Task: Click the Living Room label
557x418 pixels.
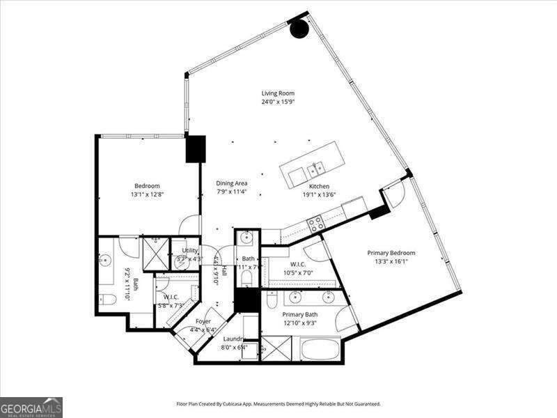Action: point(278,93)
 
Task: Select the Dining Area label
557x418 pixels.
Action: point(232,183)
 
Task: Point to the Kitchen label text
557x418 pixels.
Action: point(319,186)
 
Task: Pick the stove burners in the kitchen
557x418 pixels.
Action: point(315,224)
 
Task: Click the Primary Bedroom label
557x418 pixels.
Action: point(391,253)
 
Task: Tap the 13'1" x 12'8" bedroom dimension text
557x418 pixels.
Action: point(147,195)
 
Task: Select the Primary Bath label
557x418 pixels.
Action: point(300,314)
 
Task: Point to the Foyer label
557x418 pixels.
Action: point(203,321)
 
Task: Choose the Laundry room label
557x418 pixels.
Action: point(233,339)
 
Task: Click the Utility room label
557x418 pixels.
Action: point(189,251)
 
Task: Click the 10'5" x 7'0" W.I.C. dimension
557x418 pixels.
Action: point(297,272)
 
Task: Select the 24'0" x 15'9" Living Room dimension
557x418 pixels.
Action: point(278,102)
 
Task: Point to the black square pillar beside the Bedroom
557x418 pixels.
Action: point(196,148)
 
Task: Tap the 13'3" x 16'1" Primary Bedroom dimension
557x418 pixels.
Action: point(391,262)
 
